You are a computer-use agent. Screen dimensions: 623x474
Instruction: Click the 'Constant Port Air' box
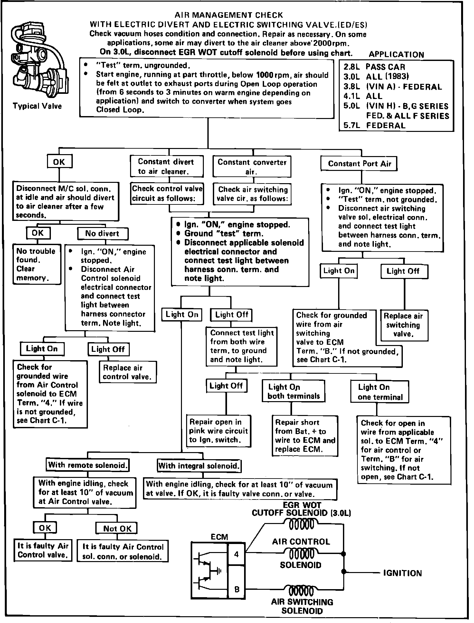click(x=359, y=163)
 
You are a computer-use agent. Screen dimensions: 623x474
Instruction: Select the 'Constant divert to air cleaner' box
click(x=166, y=166)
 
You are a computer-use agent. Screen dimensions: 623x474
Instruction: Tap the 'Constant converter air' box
click(x=252, y=167)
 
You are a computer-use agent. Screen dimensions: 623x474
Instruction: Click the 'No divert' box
click(x=102, y=233)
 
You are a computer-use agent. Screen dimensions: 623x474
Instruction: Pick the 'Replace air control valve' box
click(x=127, y=372)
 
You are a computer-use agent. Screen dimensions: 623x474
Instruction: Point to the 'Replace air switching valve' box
click(x=404, y=325)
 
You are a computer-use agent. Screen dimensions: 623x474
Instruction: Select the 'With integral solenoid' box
click(x=199, y=466)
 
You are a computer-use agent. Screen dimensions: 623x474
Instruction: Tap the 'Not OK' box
click(x=117, y=529)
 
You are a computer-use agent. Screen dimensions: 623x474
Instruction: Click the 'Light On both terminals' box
click(x=294, y=391)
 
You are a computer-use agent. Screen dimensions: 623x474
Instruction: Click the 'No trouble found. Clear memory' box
click(x=36, y=264)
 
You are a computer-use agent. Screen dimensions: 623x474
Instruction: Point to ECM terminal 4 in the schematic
click(x=237, y=554)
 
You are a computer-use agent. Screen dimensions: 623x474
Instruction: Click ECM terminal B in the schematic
click(x=237, y=589)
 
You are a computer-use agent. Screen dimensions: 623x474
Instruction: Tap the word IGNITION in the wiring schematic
click(x=402, y=573)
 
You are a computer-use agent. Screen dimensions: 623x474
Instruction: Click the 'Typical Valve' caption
click(x=37, y=106)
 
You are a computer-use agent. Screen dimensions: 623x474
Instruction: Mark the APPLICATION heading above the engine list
click(x=396, y=54)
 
